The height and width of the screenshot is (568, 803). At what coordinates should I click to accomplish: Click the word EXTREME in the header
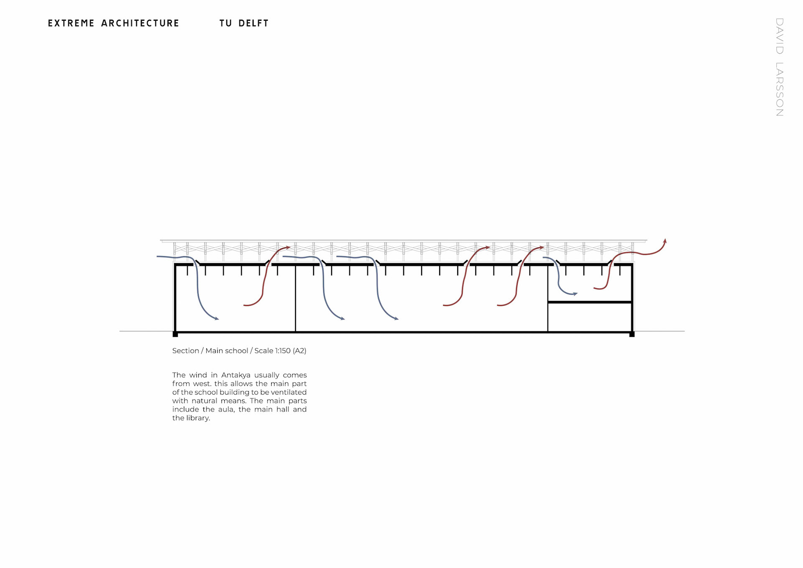tap(72, 23)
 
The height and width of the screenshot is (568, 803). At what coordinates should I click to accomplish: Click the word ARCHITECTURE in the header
tap(140, 23)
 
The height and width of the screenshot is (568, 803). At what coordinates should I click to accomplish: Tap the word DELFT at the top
tap(253, 23)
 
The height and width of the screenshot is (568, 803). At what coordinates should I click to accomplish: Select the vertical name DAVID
tap(780, 36)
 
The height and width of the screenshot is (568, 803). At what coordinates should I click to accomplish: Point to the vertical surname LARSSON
tap(780, 89)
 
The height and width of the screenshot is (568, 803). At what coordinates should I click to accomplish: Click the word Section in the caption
tap(186, 351)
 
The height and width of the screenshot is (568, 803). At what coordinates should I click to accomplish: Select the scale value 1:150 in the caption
tap(283, 351)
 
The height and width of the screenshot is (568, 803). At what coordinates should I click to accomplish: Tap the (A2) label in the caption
tap(299, 351)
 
